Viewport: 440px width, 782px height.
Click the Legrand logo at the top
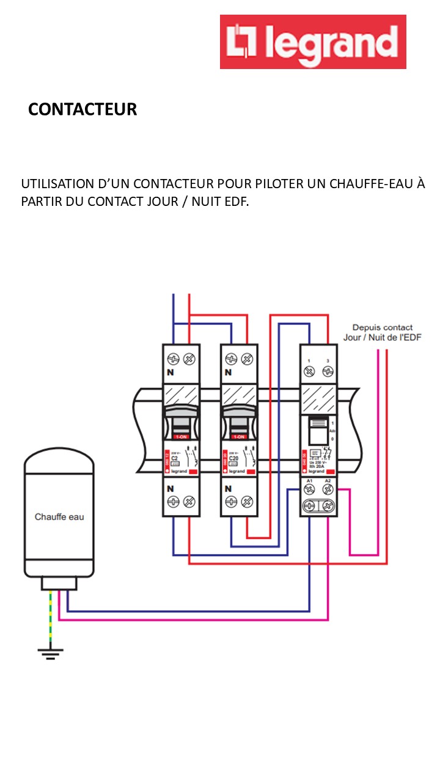coord(313,42)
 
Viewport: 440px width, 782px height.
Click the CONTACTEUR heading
coord(82,109)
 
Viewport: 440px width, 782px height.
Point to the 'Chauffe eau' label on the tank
coord(59,517)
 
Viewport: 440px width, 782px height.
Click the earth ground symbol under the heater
coord(50,653)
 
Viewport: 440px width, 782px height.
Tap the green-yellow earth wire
coord(50,617)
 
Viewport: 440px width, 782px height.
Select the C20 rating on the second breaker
coord(233,458)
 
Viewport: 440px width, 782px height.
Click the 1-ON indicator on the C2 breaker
coord(181,437)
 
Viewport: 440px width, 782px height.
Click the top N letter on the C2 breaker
coord(169,372)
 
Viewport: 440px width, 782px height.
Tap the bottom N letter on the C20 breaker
coord(228,489)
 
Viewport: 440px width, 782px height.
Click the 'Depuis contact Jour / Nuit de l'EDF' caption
coord(383,332)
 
